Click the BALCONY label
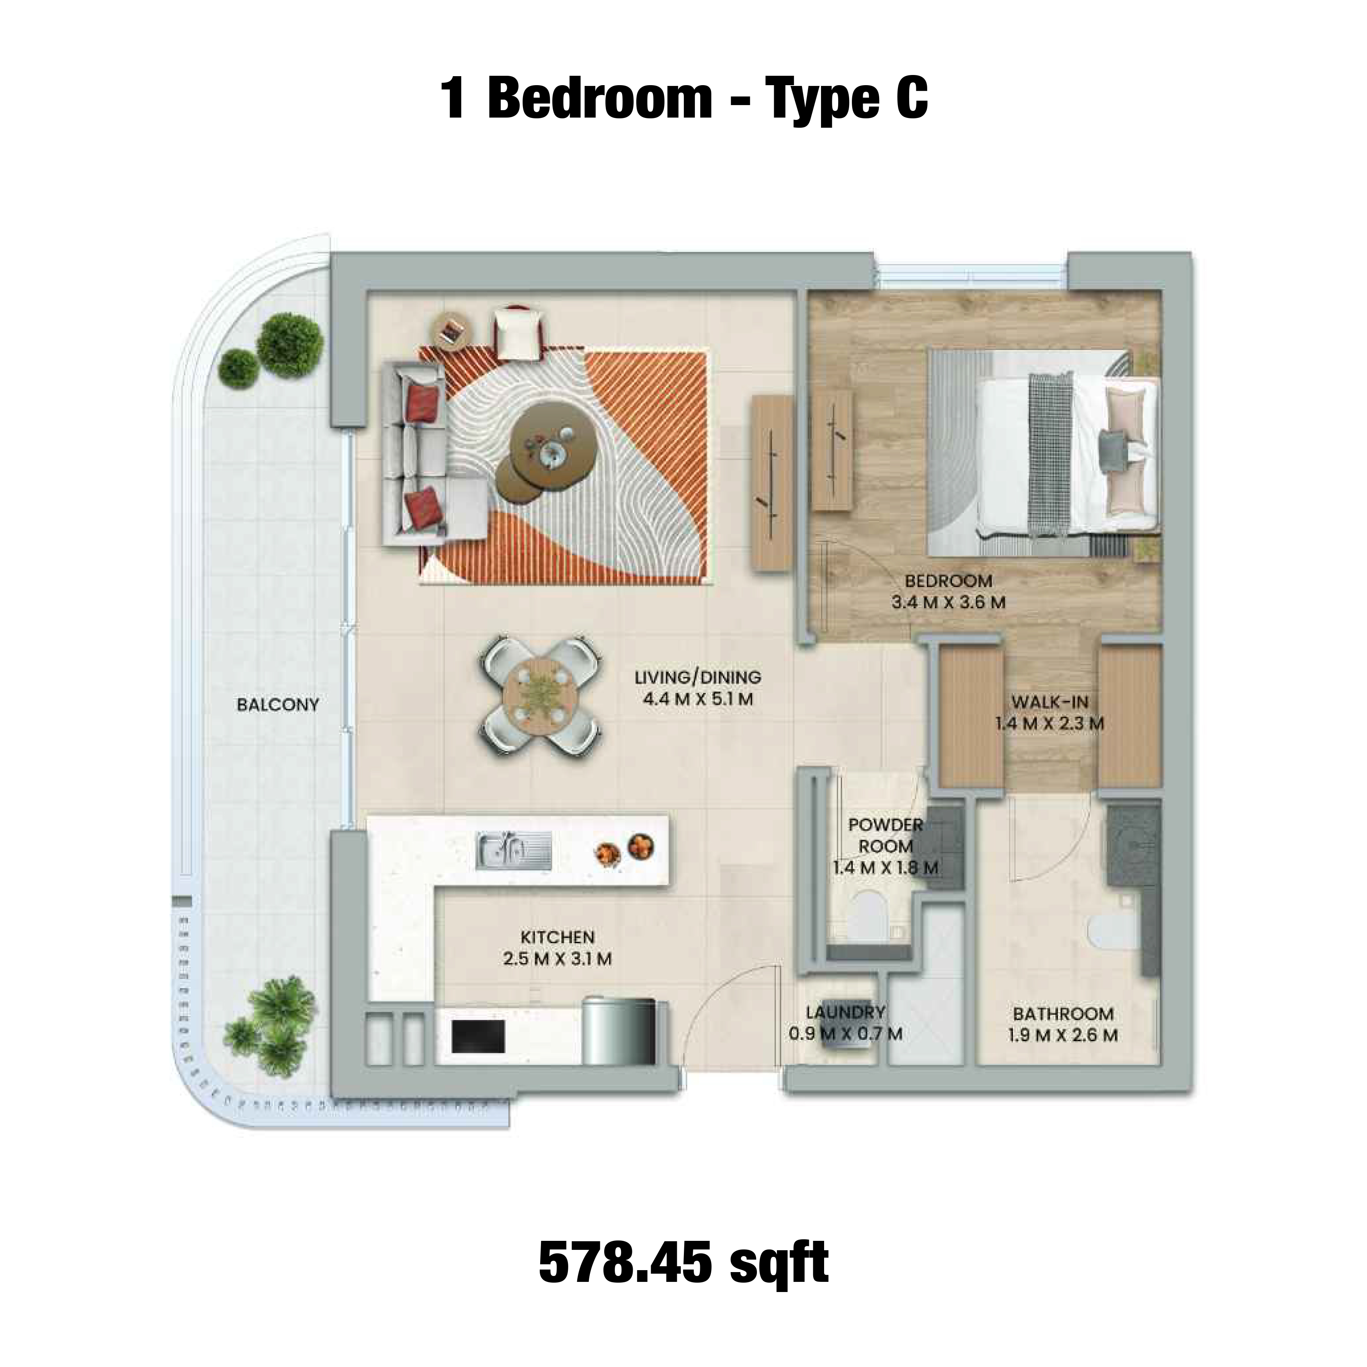pyautogui.click(x=278, y=705)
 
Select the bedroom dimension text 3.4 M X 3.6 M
pyautogui.click(x=948, y=603)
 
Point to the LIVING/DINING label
pyautogui.click(x=698, y=677)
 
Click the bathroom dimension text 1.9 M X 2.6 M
pyautogui.click(x=1063, y=1036)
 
